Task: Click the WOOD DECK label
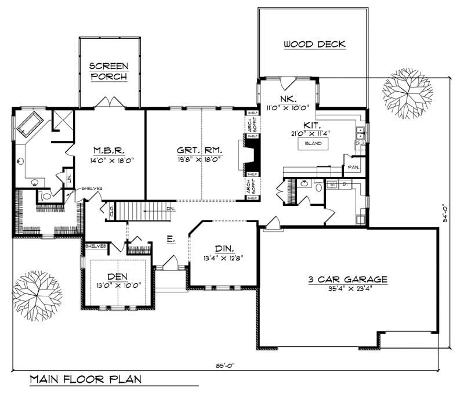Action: [314, 44]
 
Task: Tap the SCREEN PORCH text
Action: [108, 71]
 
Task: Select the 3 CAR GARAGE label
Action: [347, 278]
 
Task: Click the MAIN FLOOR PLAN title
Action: [85, 380]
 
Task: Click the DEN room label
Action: [118, 276]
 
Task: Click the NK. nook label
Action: [288, 98]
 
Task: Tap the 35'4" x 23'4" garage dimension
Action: [347, 288]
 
